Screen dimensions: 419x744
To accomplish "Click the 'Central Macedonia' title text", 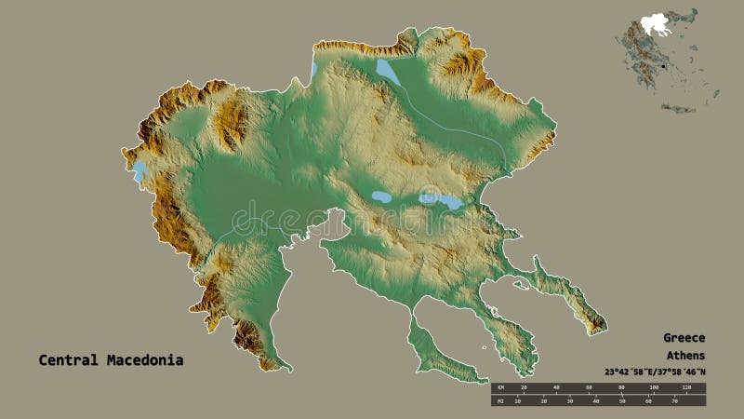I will pyautogui.click(x=111, y=359).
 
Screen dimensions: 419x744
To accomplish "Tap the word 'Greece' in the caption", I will pyautogui.click(x=684, y=338).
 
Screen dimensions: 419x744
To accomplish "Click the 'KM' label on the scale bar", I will pyautogui.click(x=500, y=387).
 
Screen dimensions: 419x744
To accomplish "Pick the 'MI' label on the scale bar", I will pyautogui.click(x=500, y=401).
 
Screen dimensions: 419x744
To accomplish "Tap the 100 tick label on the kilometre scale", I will pyautogui.click(x=656, y=387).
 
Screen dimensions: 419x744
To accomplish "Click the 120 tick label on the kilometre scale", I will pyautogui.click(x=687, y=387).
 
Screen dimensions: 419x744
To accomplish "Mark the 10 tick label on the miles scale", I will pyautogui.click(x=522, y=401).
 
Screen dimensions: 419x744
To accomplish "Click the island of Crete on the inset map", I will pyautogui.click(x=678, y=109).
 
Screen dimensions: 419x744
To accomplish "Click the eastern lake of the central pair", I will pyautogui.click(x=439, y=199).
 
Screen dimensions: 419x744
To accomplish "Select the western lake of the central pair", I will pyautogui.click(x=381, y=197).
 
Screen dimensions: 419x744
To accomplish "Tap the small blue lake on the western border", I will pyautogui.click(x=139, y=171).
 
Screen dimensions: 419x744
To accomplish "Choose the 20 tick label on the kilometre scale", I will pyautogui.click(x=524, y=387).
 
